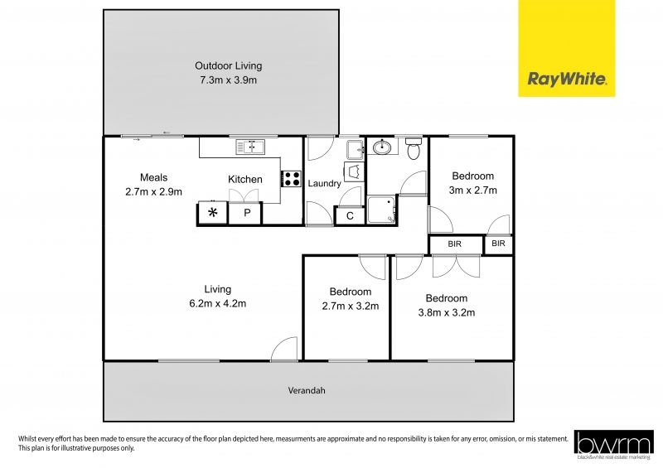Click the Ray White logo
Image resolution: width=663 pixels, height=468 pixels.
pos(567,48)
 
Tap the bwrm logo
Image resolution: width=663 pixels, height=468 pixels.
pos(614,445)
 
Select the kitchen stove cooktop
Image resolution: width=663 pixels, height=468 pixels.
pos(292,178)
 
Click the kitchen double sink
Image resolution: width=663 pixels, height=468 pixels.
pos(250,147)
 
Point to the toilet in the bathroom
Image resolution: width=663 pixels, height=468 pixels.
pos(413,148)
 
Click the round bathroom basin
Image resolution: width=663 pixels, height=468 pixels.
pos(382,147)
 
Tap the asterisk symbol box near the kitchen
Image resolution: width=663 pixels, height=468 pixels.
pos(213,213)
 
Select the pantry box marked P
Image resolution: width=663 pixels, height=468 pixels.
pos(245,213)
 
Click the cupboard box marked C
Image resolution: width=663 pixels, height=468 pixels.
pos(350,216)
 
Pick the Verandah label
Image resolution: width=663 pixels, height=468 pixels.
pos(307,390)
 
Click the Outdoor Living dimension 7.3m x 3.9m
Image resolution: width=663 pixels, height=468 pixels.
pos(229,80)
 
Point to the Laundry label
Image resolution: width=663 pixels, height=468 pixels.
pos(324,184)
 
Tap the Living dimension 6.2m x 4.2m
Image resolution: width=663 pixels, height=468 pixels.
pos(218,303)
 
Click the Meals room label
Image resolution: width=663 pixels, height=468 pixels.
pos(153,177)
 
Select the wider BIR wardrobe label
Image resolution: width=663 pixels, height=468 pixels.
pos(454,244)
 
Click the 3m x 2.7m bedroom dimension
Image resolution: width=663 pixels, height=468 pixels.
pos(472,191)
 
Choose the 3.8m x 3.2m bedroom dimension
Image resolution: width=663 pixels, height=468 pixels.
pos(447,312)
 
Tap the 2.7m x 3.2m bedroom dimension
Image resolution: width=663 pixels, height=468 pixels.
pos(351,306)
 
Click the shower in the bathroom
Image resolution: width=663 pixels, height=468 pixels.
pos(382,209)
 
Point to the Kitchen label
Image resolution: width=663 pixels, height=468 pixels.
pos(245,179)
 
